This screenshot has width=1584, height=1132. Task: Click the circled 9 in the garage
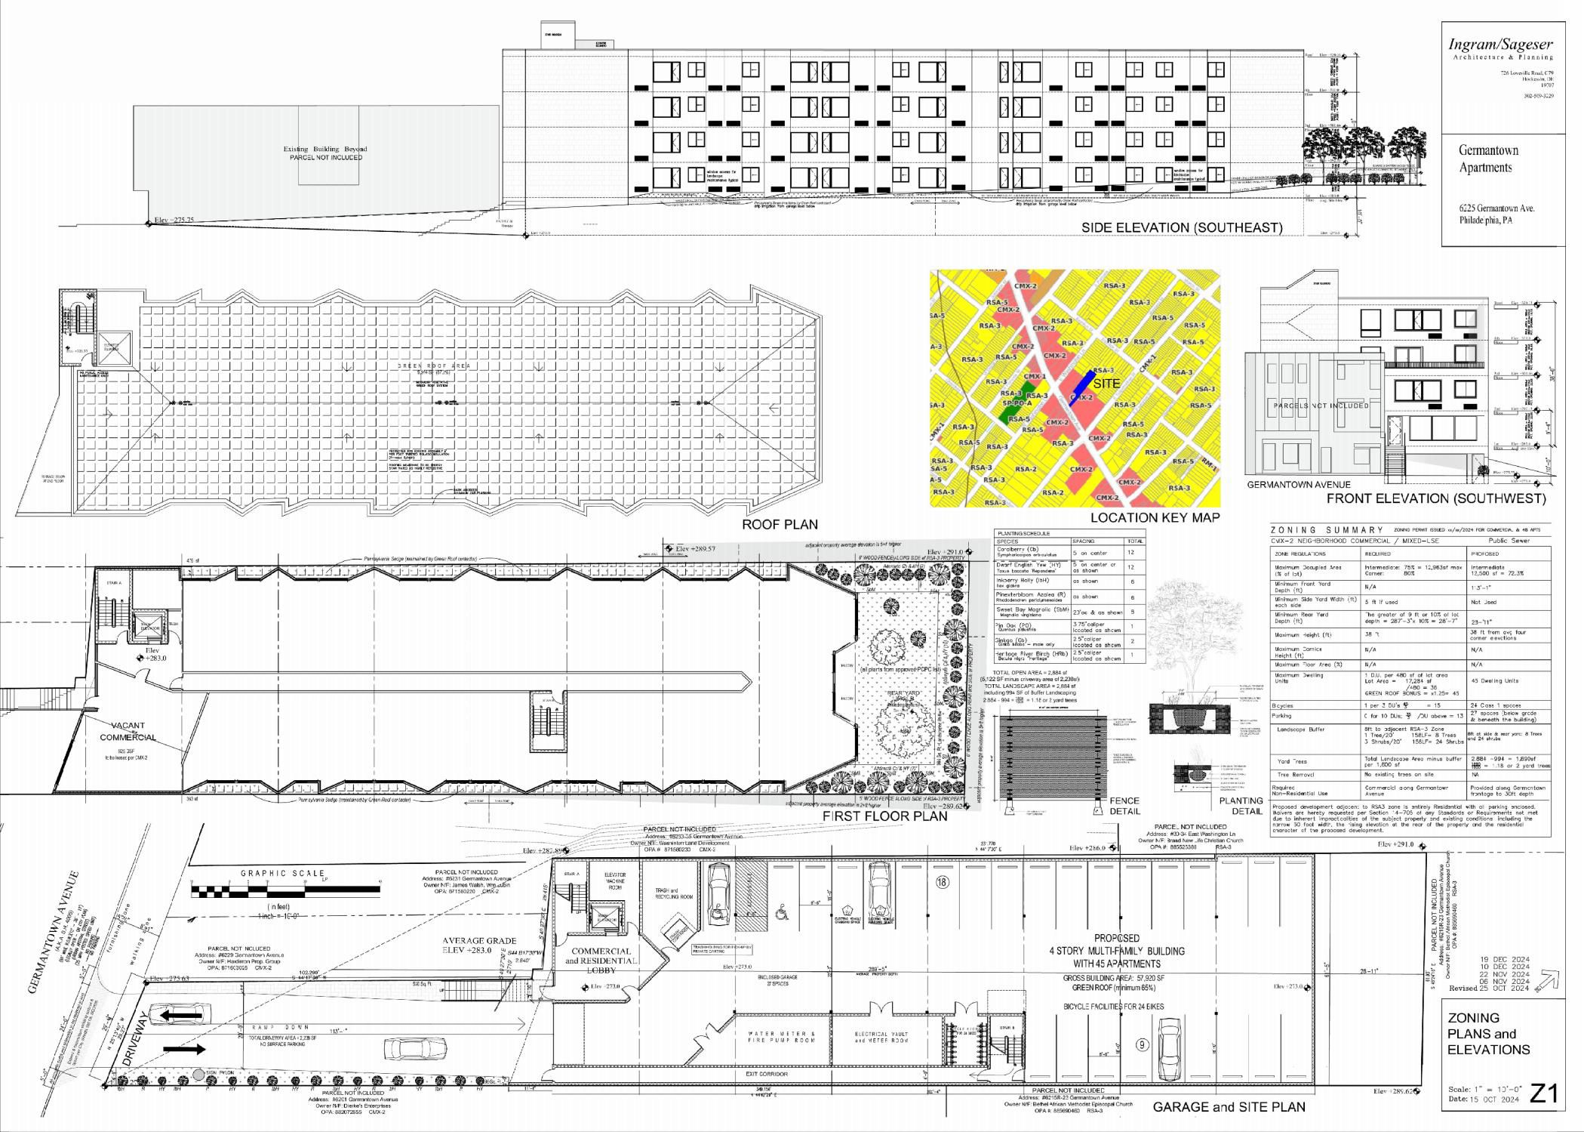tap(1143, 1045)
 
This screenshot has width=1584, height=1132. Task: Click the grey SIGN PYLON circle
tap(198, 1073)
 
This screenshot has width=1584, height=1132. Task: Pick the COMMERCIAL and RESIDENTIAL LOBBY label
tap(601, 960)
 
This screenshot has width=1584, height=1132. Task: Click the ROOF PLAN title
tap(780, 523)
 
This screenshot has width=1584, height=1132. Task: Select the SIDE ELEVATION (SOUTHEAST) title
tap(1181, 227)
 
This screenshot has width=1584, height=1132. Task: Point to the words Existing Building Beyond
tap(325, 149)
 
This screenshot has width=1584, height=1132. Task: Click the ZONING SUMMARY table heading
tap(1327, 530)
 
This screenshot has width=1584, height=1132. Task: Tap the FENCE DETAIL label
tap(1124, 805)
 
